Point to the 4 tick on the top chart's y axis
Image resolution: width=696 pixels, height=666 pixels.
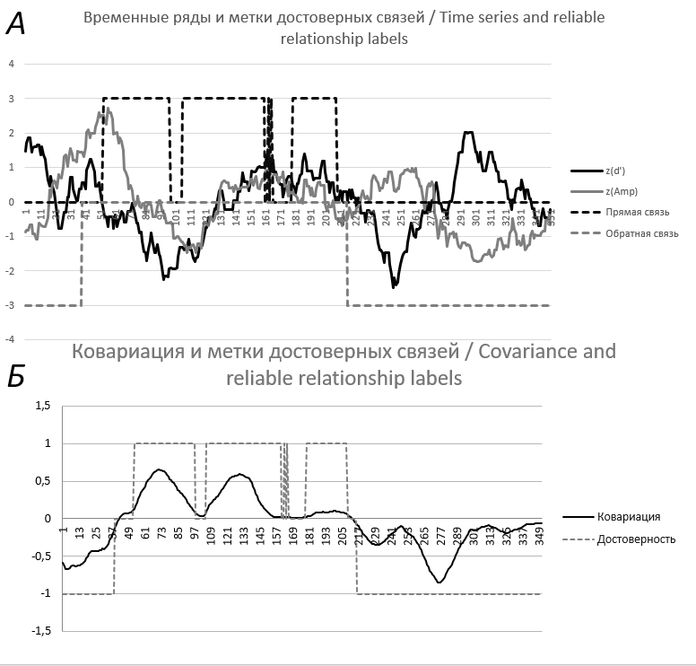pyautogui.click(x=12, y=65)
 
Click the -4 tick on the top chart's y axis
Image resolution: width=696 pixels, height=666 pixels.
pyautogui.click(x=10, y=339)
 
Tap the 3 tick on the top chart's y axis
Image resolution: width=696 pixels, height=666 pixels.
pyautogui.click(x=12, y=99)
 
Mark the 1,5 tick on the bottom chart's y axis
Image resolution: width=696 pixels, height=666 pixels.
pyautogui.click(x=42, y=406)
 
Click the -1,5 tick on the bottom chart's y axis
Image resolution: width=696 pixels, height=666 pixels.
pyautogui.click(x=40, y=630)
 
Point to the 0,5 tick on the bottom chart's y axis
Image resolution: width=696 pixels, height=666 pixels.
pyautogui.click(x=42, y=481)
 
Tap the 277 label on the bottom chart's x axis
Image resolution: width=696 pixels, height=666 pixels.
pyautogui.click(x=440, y=536)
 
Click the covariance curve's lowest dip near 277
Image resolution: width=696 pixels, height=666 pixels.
pyautogui.click(x=439, y=583)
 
